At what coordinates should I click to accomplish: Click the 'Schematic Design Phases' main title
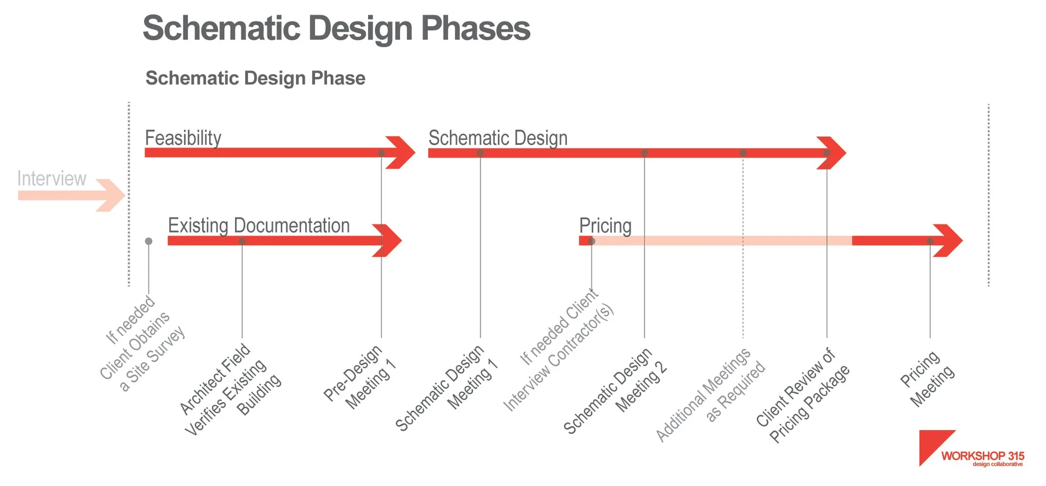336,28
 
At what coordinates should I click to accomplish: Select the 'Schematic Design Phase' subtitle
255,78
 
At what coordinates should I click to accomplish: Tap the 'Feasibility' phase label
183,138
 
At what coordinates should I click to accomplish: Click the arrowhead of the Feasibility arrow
401,153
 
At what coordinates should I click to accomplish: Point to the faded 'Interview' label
52,178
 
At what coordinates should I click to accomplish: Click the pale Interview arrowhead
111,195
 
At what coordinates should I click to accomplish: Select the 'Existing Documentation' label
259,226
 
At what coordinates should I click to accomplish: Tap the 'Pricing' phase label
605,226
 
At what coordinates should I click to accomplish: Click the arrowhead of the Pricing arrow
948,241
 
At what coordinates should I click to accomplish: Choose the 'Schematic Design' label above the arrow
498,138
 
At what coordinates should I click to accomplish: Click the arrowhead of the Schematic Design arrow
832,153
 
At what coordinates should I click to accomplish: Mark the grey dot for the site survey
149,241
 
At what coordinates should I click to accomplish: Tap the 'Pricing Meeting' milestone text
927,379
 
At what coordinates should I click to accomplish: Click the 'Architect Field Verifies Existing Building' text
231,389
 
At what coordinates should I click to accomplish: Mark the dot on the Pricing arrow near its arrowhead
930,241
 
